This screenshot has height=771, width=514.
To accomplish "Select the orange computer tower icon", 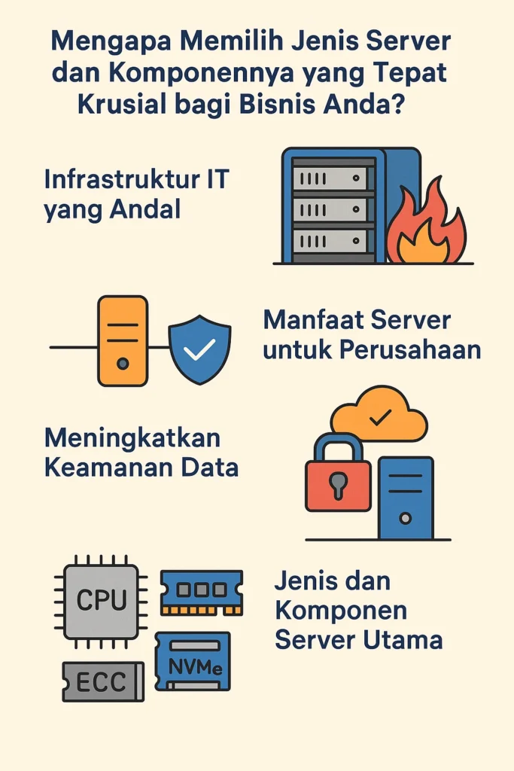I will (123, 340).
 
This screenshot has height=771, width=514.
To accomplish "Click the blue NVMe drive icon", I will (193, 661).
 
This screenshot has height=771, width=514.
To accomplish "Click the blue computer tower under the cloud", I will (406, 498).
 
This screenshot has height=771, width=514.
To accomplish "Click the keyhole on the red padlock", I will (338, 486).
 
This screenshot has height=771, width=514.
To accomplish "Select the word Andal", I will (145, 209).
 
